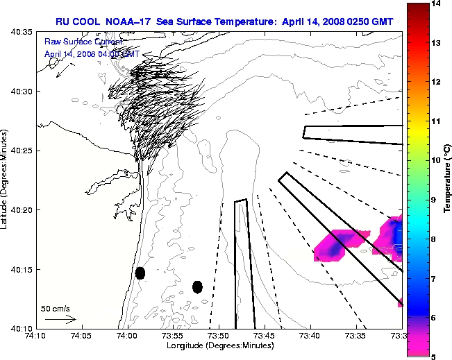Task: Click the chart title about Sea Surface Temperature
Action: coord(224,22)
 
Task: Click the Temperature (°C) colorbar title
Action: coord(448,180)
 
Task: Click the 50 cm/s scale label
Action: coord(56,308)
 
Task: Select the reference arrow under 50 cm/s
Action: coord(60,319)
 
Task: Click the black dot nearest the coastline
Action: coord(140,273)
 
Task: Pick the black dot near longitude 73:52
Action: coord(197,286)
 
